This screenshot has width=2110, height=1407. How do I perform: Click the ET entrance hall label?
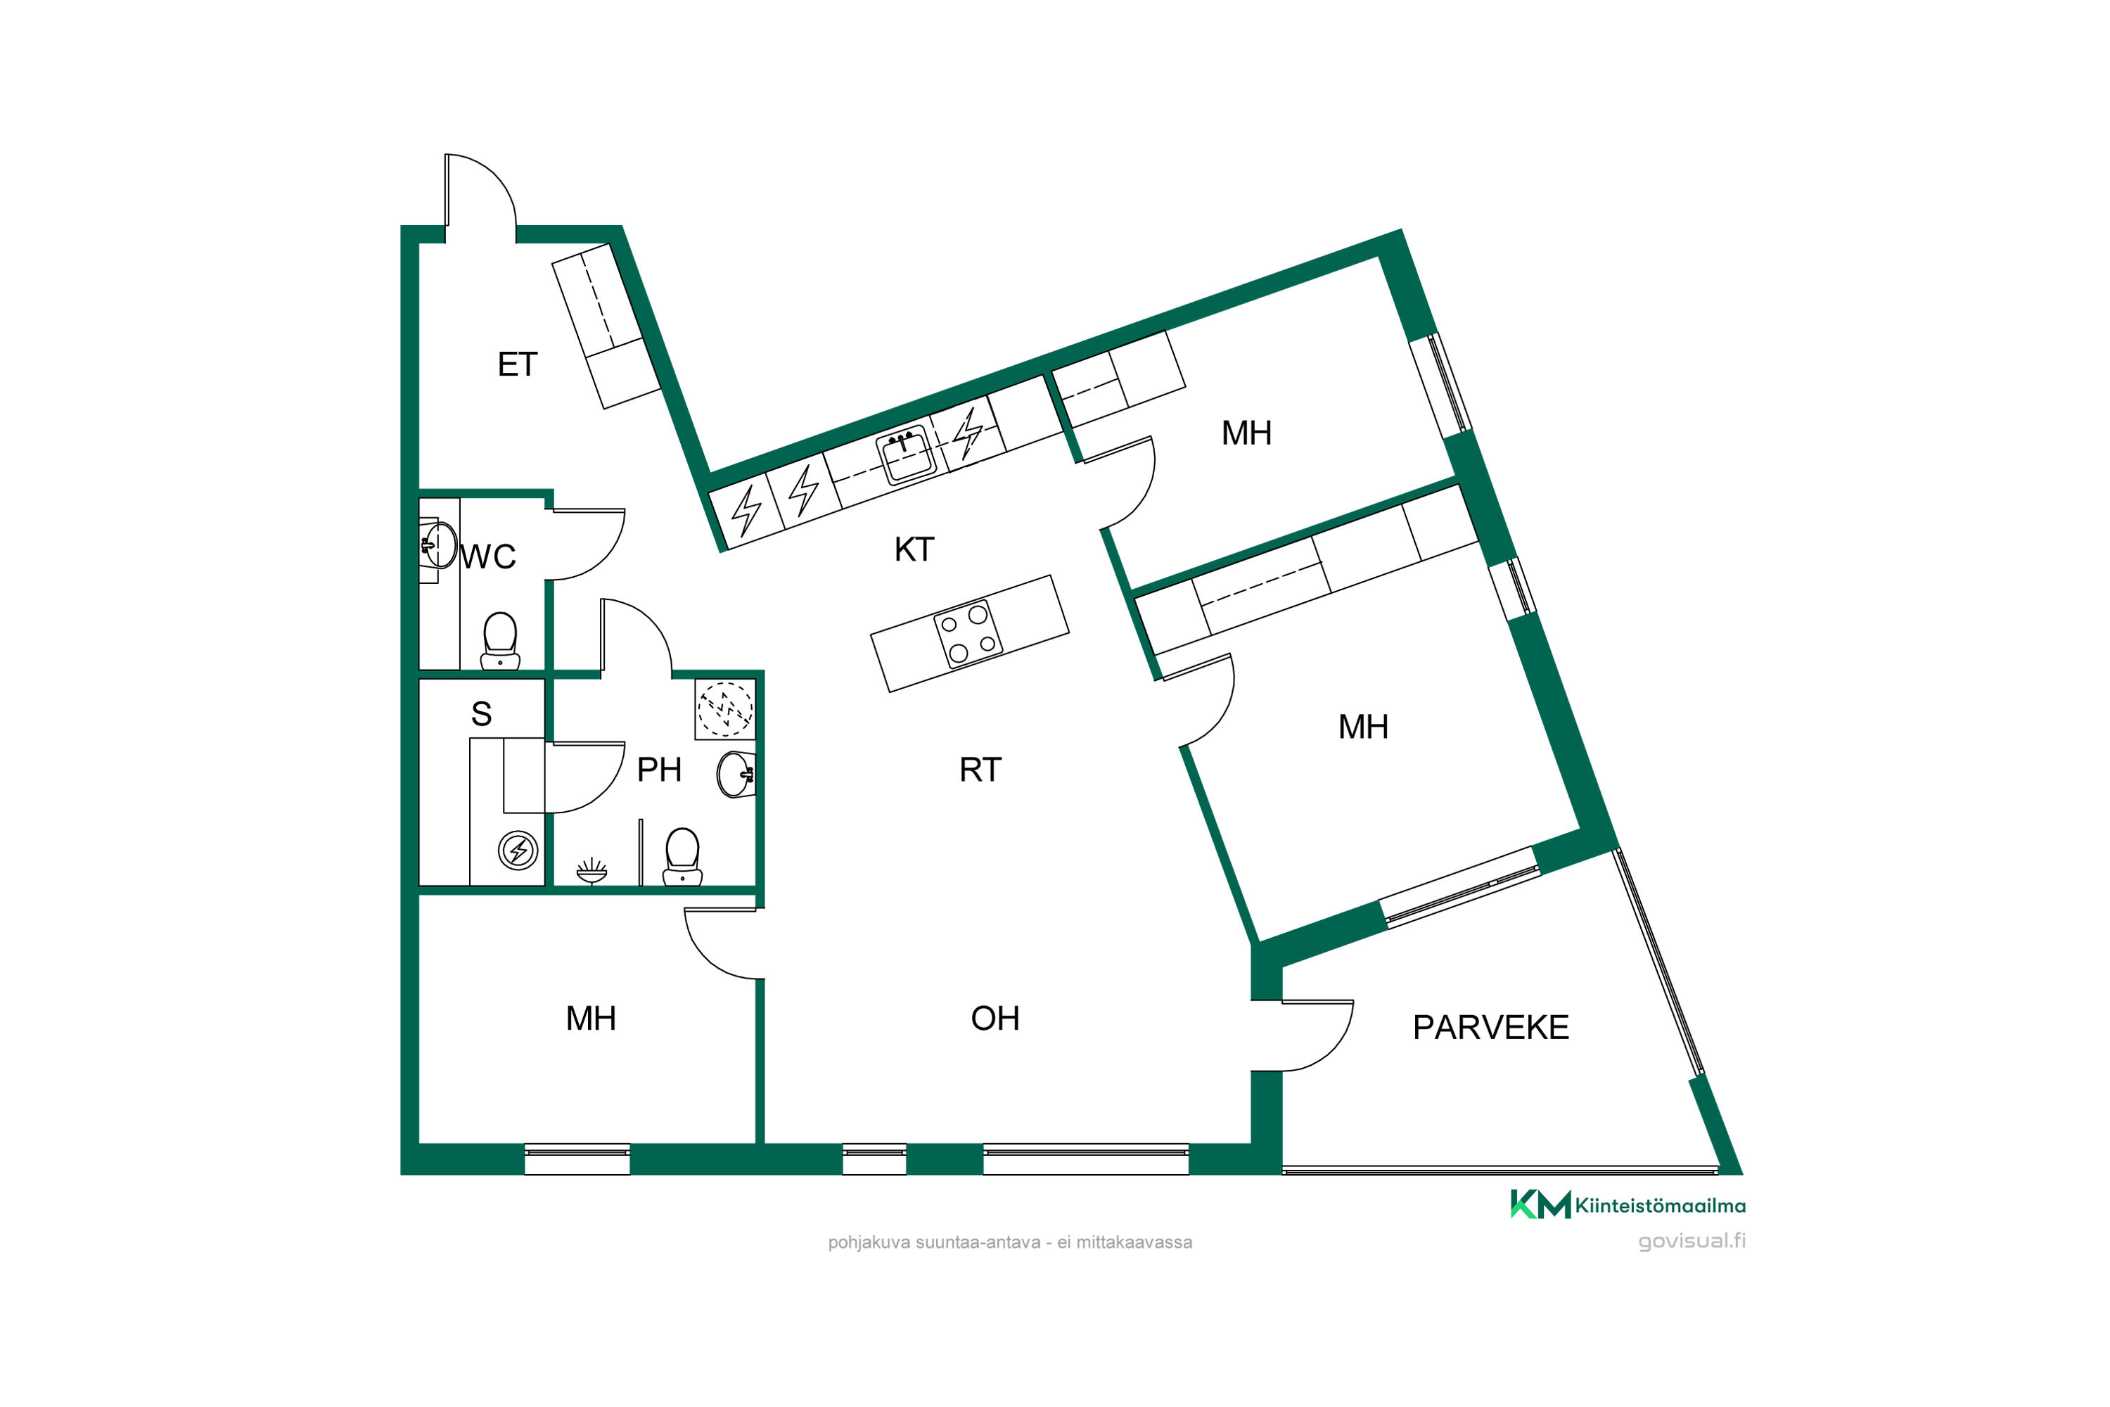pyautogui.click(x=518, y=364)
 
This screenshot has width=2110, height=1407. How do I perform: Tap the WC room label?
pyautogui.click(x=488, y=556)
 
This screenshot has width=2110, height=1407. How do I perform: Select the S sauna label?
pyautogui.click(x=481, y=713)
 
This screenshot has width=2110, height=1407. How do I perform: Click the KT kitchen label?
pyautogui.click(x=914, y=549)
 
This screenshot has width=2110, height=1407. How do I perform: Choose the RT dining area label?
pyautogui.click(x=980, y=769)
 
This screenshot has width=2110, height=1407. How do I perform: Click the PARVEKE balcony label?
pyautogui.click(x=1491, y=1026)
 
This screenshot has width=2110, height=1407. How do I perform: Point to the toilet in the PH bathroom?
pyautogui.click(x=683, y=857)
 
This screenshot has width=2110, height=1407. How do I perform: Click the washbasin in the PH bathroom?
pyautogui.click(x=736, y=775)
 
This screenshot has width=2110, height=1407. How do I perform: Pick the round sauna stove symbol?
pyautogui.click(x=518, y=849)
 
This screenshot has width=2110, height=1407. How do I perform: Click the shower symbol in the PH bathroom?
pyautogui.click(x=592, y=870)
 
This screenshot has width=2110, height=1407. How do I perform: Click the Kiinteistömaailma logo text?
pyautogui.click(x=1661, y=1206)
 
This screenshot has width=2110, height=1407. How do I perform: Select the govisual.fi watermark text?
pyautogui.click(x=1692, y=1241)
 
